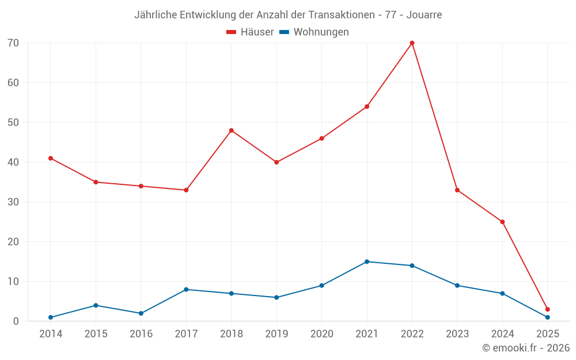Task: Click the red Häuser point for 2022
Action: tap(412, 43)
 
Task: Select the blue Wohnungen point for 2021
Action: tap(367, 262)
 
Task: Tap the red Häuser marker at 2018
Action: tap(232, 131)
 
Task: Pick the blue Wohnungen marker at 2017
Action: tap(186, 290)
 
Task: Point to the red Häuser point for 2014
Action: tap(51, 158)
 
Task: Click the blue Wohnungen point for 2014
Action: tap(51, 317)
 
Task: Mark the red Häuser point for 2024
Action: tap(502, 222)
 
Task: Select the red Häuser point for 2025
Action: tap(547, 309)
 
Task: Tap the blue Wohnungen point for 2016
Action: tap(141, 313)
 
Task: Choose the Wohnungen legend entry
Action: tap(321, 32)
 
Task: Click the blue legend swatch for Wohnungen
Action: tap(284, 32)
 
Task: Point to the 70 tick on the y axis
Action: tap(13, 43)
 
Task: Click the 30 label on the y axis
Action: tap(13, 202)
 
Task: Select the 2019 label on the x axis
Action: tap(276, 334)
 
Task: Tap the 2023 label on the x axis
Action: tap(457, 334)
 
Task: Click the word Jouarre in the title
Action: tap(424, 15)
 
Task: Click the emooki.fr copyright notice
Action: tap(525, 348)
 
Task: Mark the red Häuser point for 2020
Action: tap(321, 138)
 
